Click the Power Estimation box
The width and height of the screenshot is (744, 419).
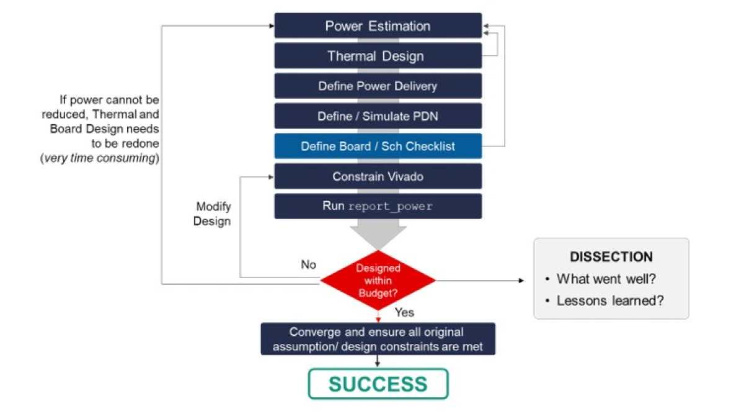tap(378, 26)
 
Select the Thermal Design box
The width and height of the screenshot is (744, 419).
tap(378, 56)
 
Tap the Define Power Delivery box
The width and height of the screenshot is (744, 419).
tap(378, 86)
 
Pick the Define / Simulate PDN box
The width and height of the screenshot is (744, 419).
tap(378, 116)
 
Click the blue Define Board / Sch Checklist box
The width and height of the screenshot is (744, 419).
tap(378, 146)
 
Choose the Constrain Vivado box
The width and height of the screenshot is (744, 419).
tap(378, 176)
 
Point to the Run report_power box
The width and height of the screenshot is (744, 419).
tap(378, 206)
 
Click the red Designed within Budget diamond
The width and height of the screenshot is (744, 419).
tap(378, 281)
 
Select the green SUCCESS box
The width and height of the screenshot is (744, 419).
tap(378, 384)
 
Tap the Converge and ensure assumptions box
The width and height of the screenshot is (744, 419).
tap(378, 339)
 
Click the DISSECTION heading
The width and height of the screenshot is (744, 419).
tap(611, 257)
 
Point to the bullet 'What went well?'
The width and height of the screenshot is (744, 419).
tap(606, 279)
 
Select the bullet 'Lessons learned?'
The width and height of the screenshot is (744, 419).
tap(610, 300)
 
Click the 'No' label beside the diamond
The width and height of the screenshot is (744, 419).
tap(308, 265)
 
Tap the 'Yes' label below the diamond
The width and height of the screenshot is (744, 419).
tap(404, 312)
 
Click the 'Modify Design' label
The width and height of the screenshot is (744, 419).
tap(213, 214)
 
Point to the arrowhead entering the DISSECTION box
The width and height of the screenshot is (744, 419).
tap(521, 281)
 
